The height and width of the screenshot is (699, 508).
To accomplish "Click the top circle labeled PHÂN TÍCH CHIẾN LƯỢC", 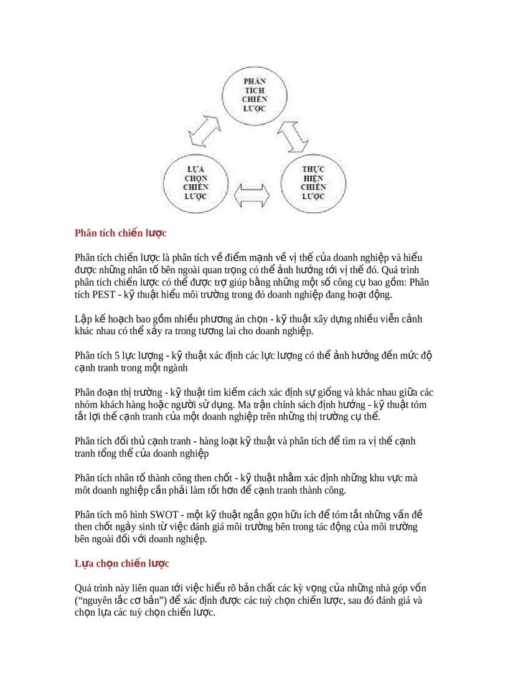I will (x=255, y=95).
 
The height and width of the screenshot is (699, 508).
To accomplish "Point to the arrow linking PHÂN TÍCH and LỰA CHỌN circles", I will (x=205, y=131).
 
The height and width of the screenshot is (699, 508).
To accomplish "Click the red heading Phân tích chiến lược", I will (x=120, y=233).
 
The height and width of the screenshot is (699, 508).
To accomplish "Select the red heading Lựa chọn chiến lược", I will (x=121, y=563).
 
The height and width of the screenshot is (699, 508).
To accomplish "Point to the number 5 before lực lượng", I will (x=117, y=355).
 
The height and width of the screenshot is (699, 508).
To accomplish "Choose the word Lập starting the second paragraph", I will (x=82, y=319).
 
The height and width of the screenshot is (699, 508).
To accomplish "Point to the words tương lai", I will (x=219, y=331).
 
